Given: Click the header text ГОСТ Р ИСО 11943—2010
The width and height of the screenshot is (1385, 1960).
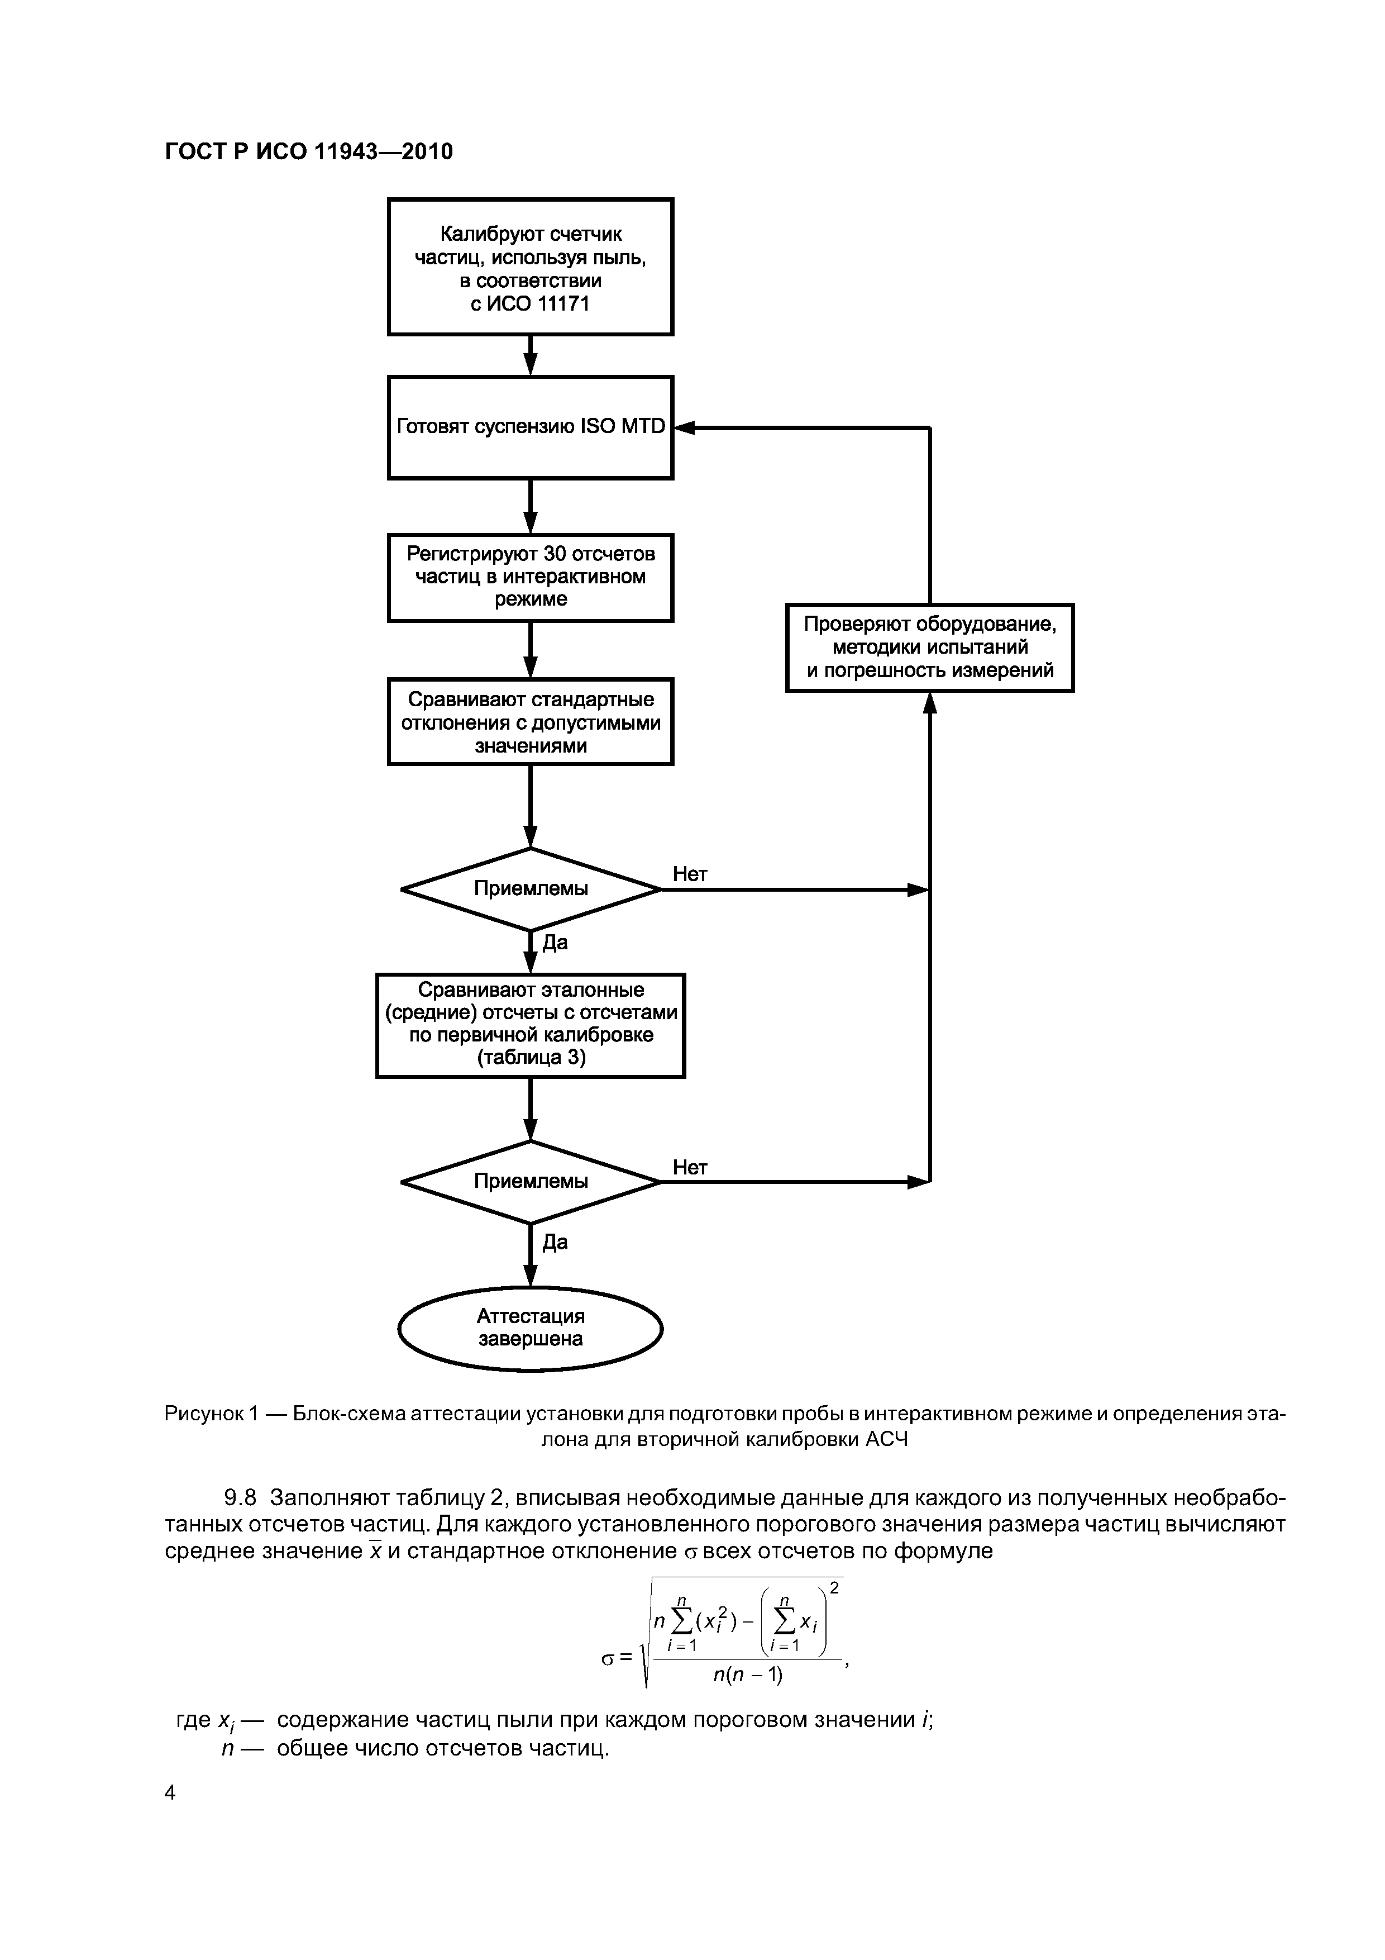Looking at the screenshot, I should pyautogui.click(x=308, y=152).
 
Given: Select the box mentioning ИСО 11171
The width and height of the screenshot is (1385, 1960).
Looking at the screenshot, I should pyautogui.click(x=530, y=267).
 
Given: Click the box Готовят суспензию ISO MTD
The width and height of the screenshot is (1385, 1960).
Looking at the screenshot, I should pyautogui.click(x=530, y=427).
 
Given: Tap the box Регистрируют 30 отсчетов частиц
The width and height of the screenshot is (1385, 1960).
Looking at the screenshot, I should pyautogui.click(x=530, y=577).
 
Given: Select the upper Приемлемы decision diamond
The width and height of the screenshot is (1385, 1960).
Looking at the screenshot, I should pyautogui.click(x=530, y=889).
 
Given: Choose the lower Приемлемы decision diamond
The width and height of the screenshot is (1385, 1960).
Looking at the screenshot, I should pyautogui.click(x=530, y=1182).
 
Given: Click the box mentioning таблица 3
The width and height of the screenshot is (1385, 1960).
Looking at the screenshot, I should pyautogui.click(x=530, y=1025).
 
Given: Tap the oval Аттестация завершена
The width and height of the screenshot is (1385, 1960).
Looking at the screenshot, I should pyautogui.click(x=530, y=1328).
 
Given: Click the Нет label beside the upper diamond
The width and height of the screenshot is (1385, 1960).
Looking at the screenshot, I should pyautogui.click(x=690, y=874).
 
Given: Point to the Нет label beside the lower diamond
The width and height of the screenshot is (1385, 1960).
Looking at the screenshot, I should pyautogui.click(x=690, y=1167).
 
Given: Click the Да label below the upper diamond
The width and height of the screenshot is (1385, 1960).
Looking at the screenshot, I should pyautogui.click(x=555, y=943).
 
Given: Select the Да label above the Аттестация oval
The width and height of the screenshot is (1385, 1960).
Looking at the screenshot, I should pyautogui.click(x=555, y=1242).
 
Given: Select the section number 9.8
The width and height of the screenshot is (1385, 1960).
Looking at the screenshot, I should pyautogui.click(x=240, y=1498).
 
